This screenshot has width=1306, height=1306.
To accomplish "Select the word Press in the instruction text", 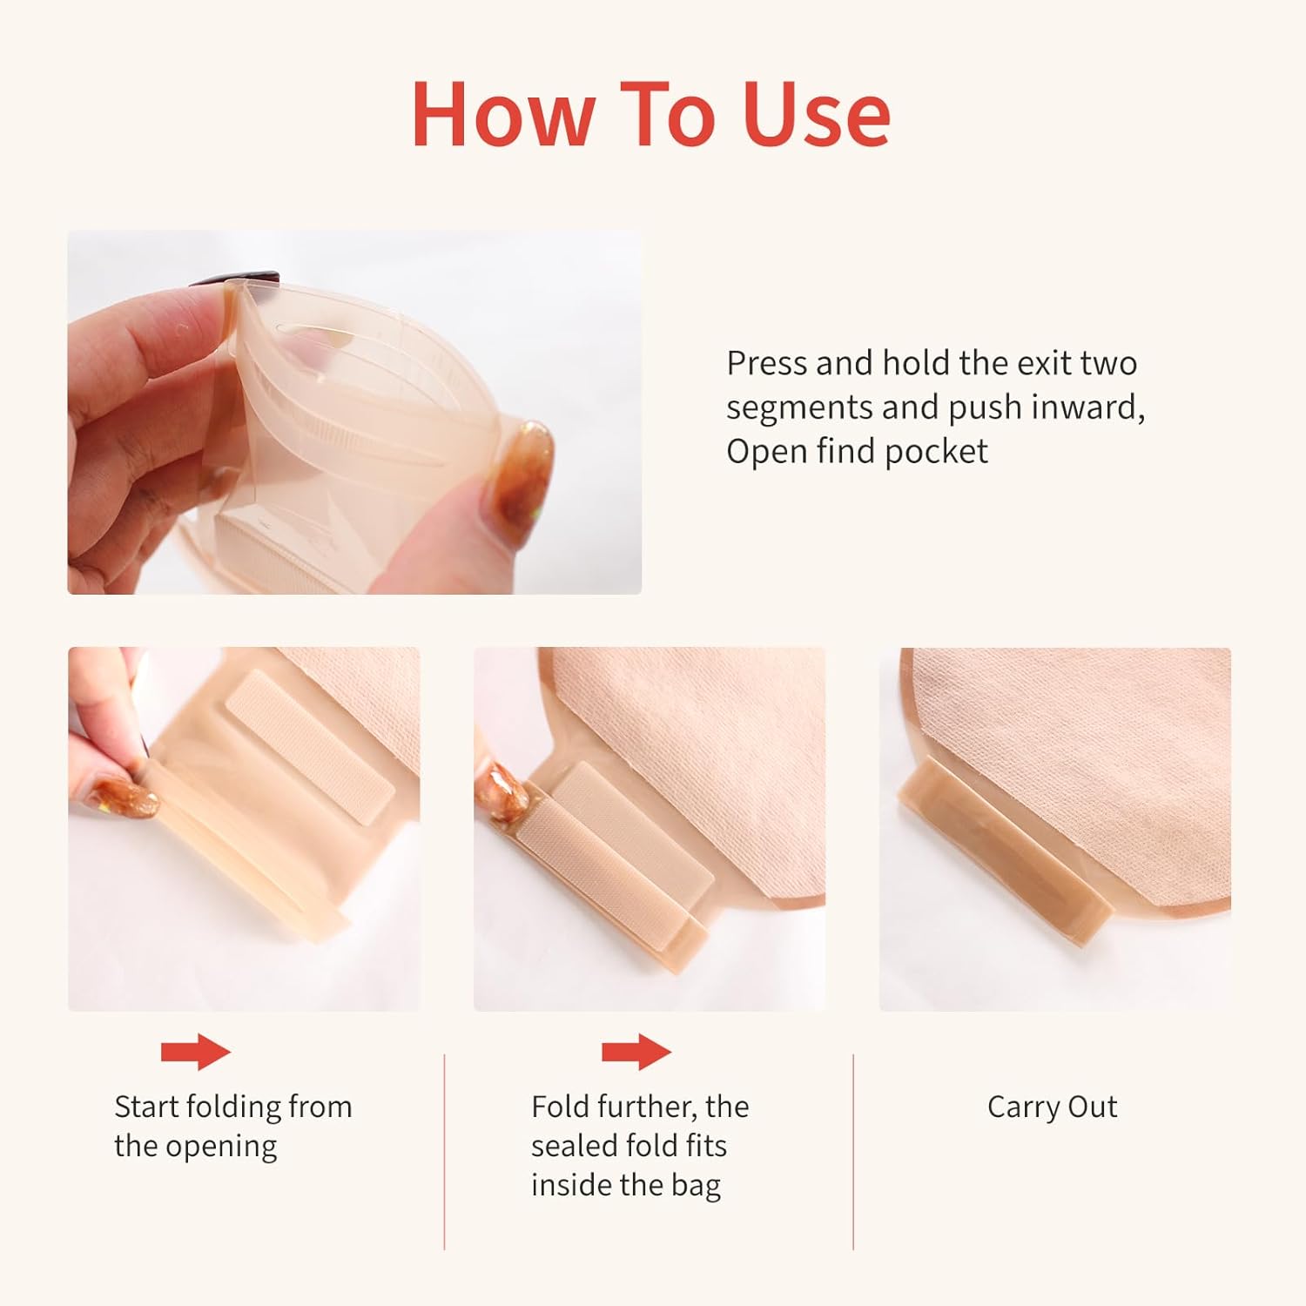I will point(766,362).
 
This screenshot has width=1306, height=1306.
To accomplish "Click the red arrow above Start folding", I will point(196,1052).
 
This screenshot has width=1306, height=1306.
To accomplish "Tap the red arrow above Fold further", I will point(636,1052).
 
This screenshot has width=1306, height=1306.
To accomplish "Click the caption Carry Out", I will point(1052,1107).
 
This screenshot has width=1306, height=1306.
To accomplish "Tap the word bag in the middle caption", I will point(696,1185).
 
